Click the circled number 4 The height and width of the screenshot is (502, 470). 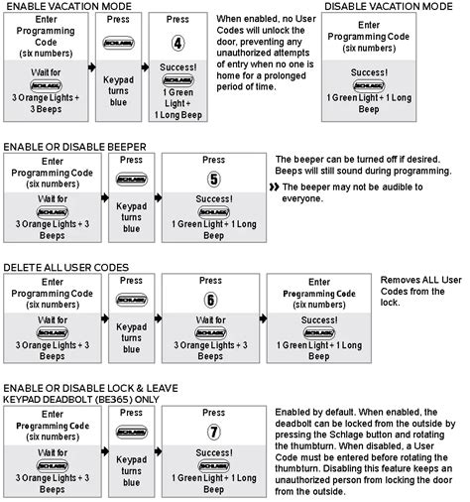178,44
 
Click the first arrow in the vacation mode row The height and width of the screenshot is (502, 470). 90,72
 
